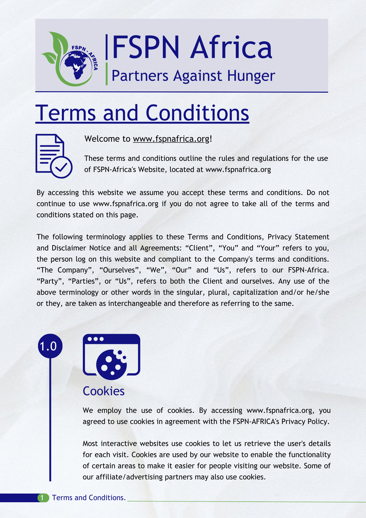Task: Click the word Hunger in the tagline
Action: click(x=251, y=76)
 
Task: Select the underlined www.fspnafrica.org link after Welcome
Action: click(x=171, y=139)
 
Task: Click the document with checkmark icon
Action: click(x=54, y=156)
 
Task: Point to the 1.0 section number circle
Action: click(x=50, y=346)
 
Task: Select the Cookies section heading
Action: click(x=104, y=391)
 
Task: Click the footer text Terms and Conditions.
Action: click(x=89, y=498)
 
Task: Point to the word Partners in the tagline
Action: click(x=140, y=76)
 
